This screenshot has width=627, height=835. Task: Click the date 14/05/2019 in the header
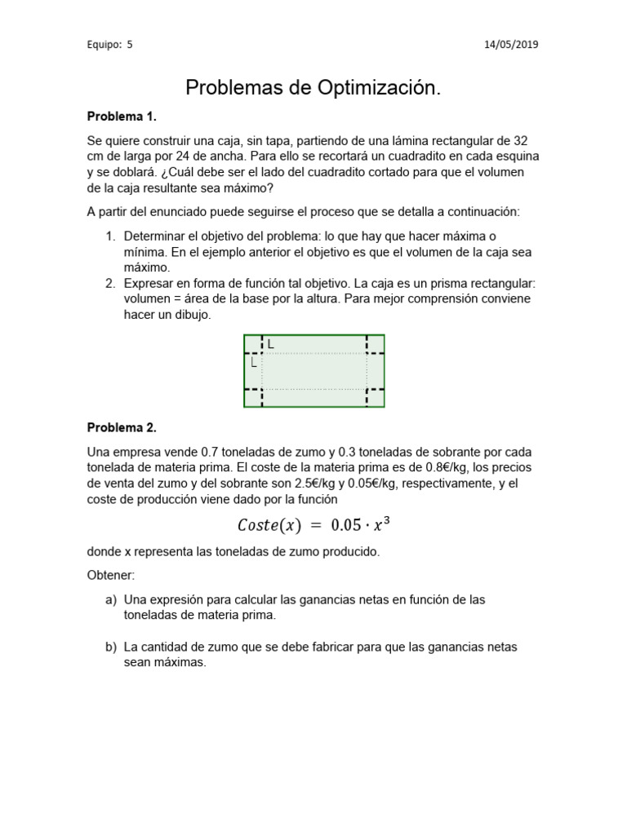pos(512,45)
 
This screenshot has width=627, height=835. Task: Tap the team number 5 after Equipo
pos(129,45)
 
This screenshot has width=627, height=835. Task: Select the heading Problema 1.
pos(122,116)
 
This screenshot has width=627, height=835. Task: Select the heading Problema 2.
pos(122,427)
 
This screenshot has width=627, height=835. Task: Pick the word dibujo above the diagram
pos(192,315)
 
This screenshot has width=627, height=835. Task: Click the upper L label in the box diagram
pos(271,345)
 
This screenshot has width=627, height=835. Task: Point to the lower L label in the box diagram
pos(254,362)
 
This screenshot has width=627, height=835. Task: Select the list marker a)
pos(111,599)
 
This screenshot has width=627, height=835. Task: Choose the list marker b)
pos(111,647)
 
